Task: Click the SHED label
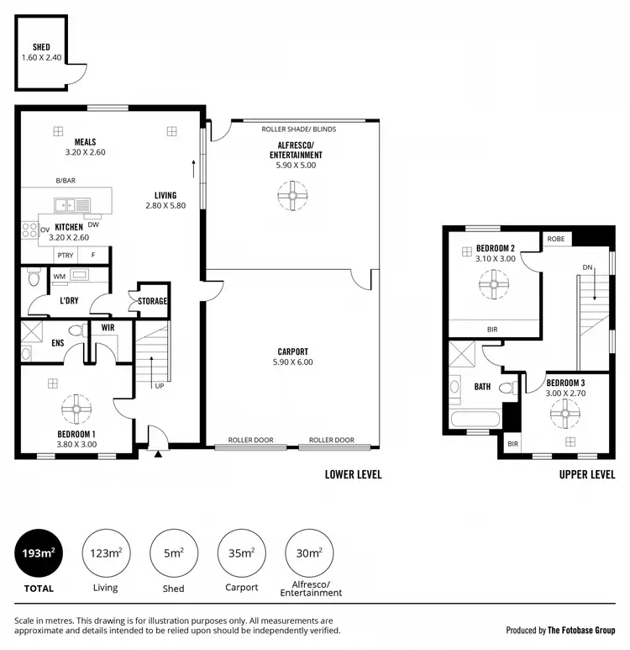[41, 47]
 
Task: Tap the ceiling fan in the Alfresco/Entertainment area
[291, 198]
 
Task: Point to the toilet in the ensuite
[75, 331]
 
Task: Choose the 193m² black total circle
[39, 552]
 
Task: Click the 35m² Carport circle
[241, 552]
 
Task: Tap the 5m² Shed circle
[173, 552]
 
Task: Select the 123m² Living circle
[106, 552]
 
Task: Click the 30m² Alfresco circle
[309, 552]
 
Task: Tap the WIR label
[108, 326]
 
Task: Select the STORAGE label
[153, 301]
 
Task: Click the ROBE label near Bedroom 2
[556, 239]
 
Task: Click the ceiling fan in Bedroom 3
[564, 411]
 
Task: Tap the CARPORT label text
[293, 351]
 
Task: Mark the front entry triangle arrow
[158, 454]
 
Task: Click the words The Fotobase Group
[581, 630]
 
